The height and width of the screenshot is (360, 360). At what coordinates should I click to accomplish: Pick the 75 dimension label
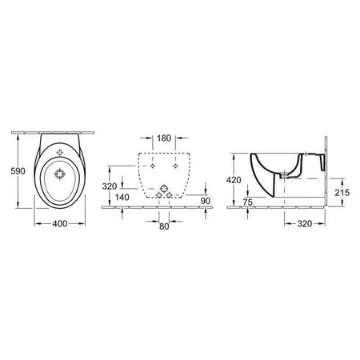pyautogui.click(x=250, y=202)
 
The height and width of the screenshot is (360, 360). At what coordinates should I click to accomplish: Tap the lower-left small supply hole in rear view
pyautogui.click(x=154, y=195)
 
